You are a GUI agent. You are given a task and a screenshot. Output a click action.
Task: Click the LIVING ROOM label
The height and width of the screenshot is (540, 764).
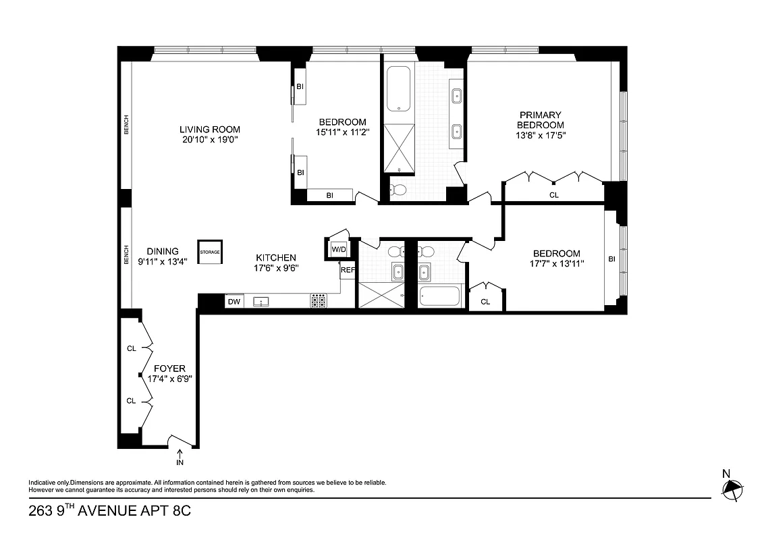pos(209,130)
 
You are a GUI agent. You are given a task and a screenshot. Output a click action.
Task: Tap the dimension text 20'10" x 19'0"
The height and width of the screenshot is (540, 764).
pos(209,140)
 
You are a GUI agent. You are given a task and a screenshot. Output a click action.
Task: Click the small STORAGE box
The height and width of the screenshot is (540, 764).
pos(209,252)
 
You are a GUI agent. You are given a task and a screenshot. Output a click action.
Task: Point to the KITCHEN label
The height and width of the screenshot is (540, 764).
pos(276,257)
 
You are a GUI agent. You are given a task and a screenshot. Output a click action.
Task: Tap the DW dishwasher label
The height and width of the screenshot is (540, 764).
pos(234,302)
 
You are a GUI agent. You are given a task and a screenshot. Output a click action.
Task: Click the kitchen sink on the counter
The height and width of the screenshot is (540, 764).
pos(260,302)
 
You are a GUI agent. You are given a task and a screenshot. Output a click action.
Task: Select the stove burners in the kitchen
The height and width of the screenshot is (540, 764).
pos(318,301)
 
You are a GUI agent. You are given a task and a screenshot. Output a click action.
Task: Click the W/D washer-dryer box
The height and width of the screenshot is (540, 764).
pos(337,249)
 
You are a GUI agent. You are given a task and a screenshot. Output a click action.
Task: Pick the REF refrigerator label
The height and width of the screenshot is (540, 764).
pos(348,270)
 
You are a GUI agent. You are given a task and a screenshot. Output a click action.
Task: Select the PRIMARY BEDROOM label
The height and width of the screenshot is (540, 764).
pos(540,120)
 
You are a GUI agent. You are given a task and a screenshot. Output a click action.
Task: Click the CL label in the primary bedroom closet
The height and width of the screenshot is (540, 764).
pos(554,195)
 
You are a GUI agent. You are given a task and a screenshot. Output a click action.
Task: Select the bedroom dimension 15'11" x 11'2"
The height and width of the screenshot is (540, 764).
pos(342,132)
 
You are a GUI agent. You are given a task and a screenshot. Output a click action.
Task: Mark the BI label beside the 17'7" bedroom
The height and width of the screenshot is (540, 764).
pos(611,259)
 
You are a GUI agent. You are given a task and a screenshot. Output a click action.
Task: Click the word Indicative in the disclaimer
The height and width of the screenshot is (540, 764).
pos(42,483)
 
